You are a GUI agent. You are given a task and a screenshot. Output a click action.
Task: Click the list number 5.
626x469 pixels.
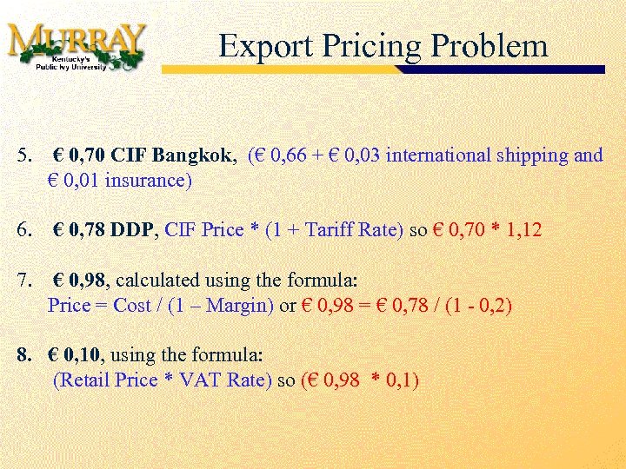pos(23,155)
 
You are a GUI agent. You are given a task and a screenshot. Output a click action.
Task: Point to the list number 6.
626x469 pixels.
pos(23,230)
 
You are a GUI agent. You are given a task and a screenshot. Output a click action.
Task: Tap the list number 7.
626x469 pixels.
pos(23,281)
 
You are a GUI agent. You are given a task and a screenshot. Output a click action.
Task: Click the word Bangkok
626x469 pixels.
pos(193,155)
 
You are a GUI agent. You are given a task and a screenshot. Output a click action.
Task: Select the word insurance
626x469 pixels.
pos(143,182)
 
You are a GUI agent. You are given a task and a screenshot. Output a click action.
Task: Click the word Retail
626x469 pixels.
pos(83,380)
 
